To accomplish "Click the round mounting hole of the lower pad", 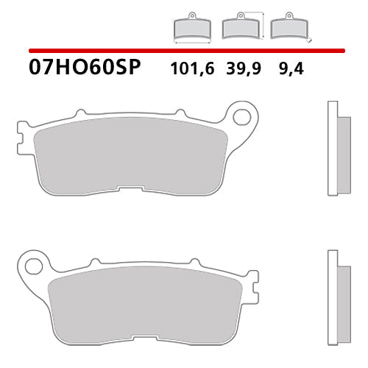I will [32, 263].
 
